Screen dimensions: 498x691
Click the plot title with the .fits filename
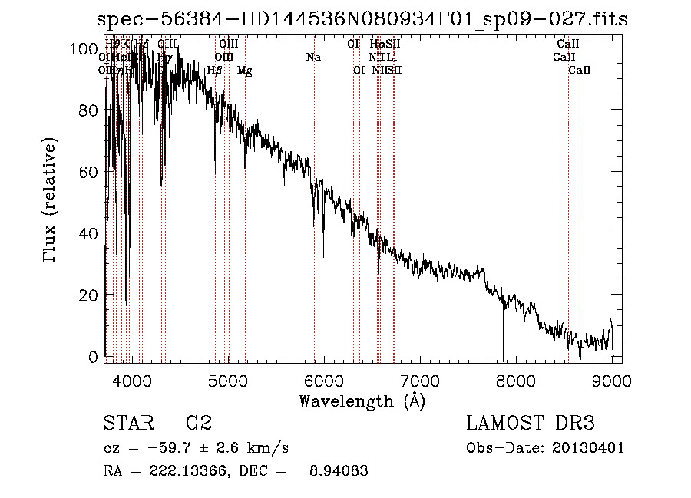tap(363, 19)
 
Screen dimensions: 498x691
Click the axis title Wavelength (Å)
tap(362, 401)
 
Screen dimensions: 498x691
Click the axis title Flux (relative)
tap(51, 201)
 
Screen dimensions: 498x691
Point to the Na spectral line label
tap(313, 58)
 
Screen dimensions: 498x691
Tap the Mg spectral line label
tap(244, 71)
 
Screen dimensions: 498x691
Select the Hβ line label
tap(214, 71)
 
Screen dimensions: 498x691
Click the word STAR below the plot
tap(129, 423)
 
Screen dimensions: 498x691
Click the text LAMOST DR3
tap(531, 423)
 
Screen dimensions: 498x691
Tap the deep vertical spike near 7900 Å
tap(504, 330)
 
